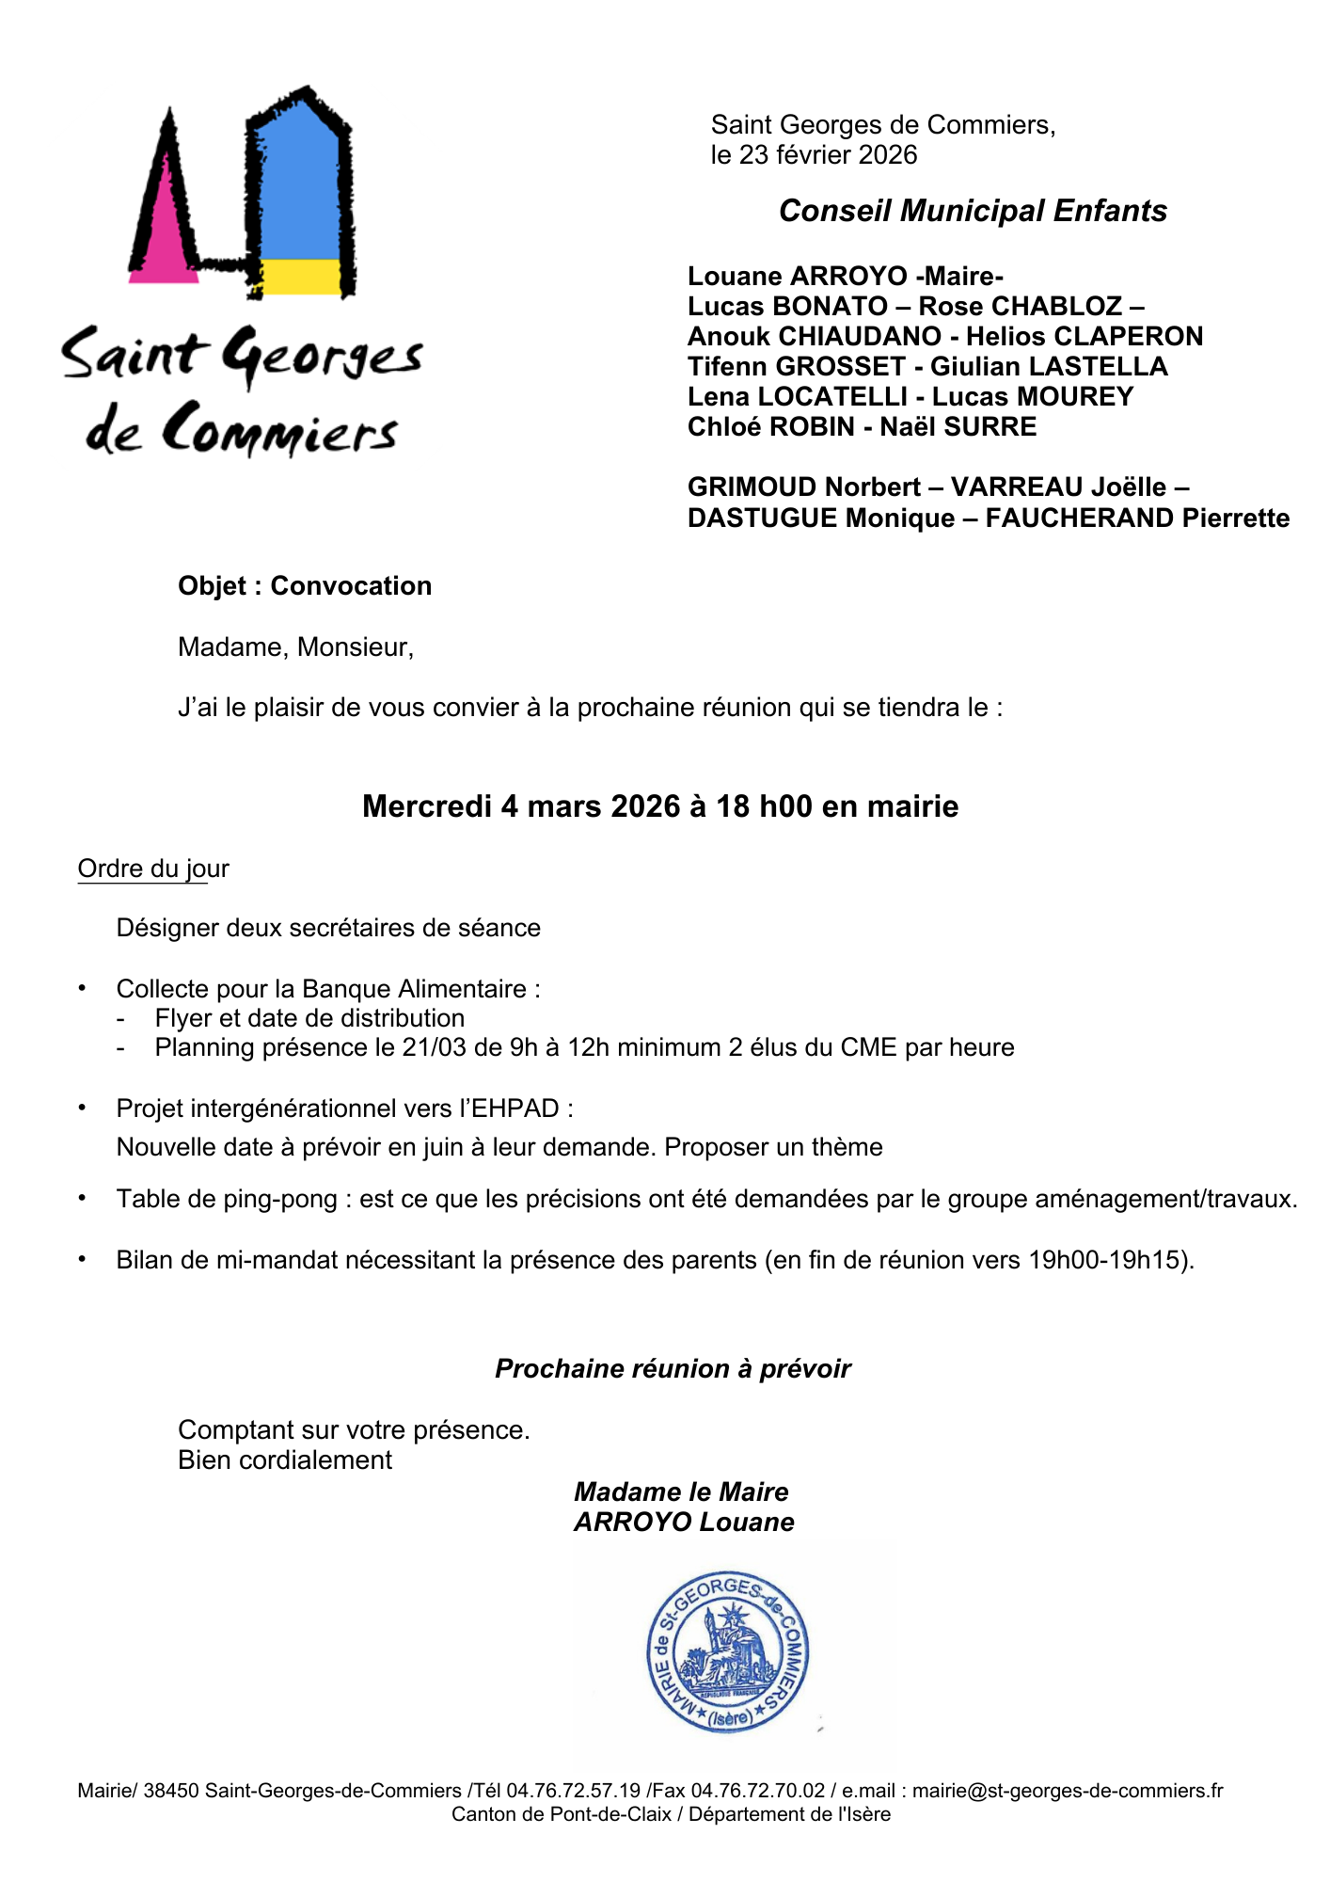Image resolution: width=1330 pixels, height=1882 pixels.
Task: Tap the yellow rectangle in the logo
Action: click(x=300, y=277)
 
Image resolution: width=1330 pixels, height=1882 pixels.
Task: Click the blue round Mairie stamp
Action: click(x=728, y=1652)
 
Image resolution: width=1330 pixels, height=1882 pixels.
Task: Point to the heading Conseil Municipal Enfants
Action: click(x=973, y=211)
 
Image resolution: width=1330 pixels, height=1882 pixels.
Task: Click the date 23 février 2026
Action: click(x=828, y=155)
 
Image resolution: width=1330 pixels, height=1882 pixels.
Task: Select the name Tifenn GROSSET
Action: click(x=796, y=366)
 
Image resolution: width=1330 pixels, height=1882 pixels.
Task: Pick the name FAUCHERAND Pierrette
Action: click(x=1137, y=518)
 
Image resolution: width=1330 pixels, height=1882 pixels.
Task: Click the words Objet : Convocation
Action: click(x=305, y=585)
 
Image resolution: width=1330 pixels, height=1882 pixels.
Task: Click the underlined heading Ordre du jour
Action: click(x=153, y=869)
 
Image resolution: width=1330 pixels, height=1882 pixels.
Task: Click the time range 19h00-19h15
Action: click(x=1108, y=1260)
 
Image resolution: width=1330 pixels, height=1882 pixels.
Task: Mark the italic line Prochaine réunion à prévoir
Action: click(x=673, y=1368)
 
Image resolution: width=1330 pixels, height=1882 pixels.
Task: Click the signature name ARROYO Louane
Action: click(x=684, y=1522)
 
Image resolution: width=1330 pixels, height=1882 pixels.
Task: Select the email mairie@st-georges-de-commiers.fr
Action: click(x=1067, y=1791)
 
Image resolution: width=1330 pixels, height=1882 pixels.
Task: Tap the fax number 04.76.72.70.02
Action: click(x=757, y=1791)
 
